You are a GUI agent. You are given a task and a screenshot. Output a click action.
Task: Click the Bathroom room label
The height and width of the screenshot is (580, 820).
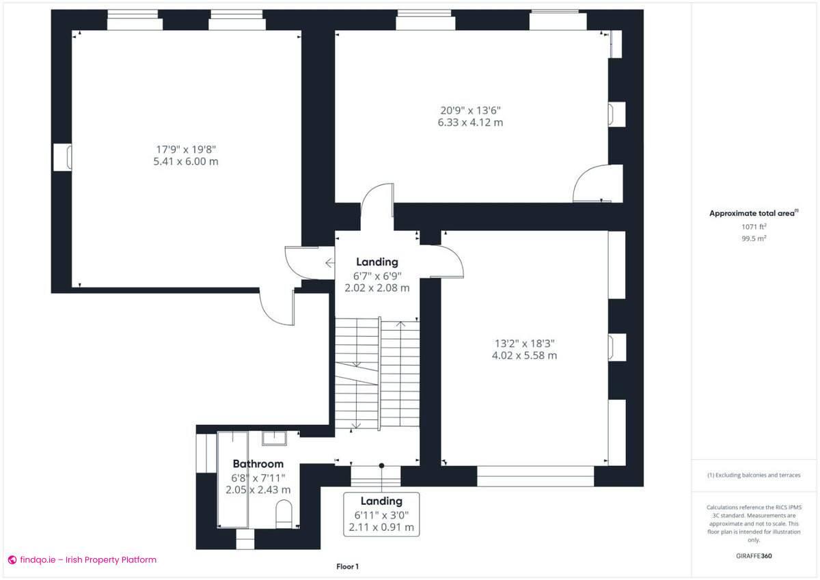click(x=258, y=464)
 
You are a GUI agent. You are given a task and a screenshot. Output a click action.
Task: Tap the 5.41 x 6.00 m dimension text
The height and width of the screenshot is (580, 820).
click(x=186, y=162)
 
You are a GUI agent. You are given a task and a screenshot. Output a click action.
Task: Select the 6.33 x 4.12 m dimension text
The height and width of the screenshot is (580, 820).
click(x=470, y=122)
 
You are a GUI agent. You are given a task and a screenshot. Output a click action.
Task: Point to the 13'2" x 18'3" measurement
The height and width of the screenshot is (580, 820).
click(x=524, y=343)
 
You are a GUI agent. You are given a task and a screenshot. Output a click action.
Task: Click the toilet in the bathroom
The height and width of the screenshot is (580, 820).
click(x=284, y=513)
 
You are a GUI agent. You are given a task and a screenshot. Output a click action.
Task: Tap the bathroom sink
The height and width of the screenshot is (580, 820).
click(x=274, y=439)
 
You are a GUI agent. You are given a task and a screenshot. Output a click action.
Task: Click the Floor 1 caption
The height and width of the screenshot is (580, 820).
click(x=347, y=566)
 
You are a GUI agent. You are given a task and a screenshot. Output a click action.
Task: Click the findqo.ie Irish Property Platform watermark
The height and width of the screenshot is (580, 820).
click(x=82, y=560)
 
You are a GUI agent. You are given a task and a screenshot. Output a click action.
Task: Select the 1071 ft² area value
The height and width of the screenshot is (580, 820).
click(x=753, y=227)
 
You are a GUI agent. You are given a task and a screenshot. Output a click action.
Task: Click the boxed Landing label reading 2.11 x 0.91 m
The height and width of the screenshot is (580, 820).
click(x=381, y=514)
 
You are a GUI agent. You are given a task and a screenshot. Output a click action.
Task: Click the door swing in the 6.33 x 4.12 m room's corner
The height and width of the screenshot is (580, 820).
click(x=590, y=183)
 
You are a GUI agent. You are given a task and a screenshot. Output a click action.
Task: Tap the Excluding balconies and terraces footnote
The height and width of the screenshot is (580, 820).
click(x=753, y=475)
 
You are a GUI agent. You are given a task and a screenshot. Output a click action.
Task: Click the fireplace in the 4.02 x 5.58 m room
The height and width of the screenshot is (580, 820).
click(x=617, y=346)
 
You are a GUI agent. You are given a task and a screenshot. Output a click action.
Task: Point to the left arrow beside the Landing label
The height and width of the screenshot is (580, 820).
click(x=329, y=262)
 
